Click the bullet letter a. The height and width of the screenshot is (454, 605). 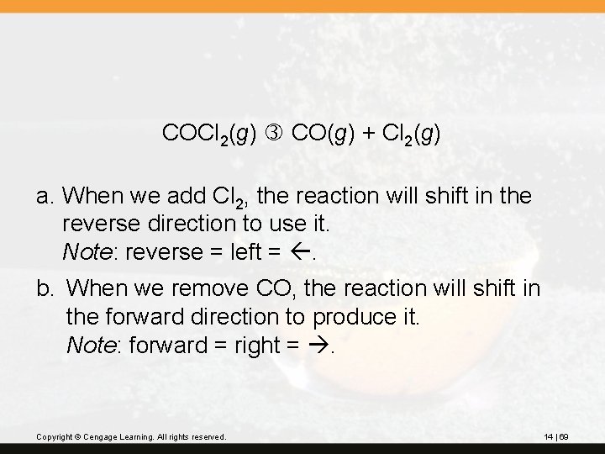45,197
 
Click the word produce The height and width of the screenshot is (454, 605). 351,317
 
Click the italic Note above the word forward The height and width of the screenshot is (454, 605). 88,344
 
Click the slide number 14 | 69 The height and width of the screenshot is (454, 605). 556,437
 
